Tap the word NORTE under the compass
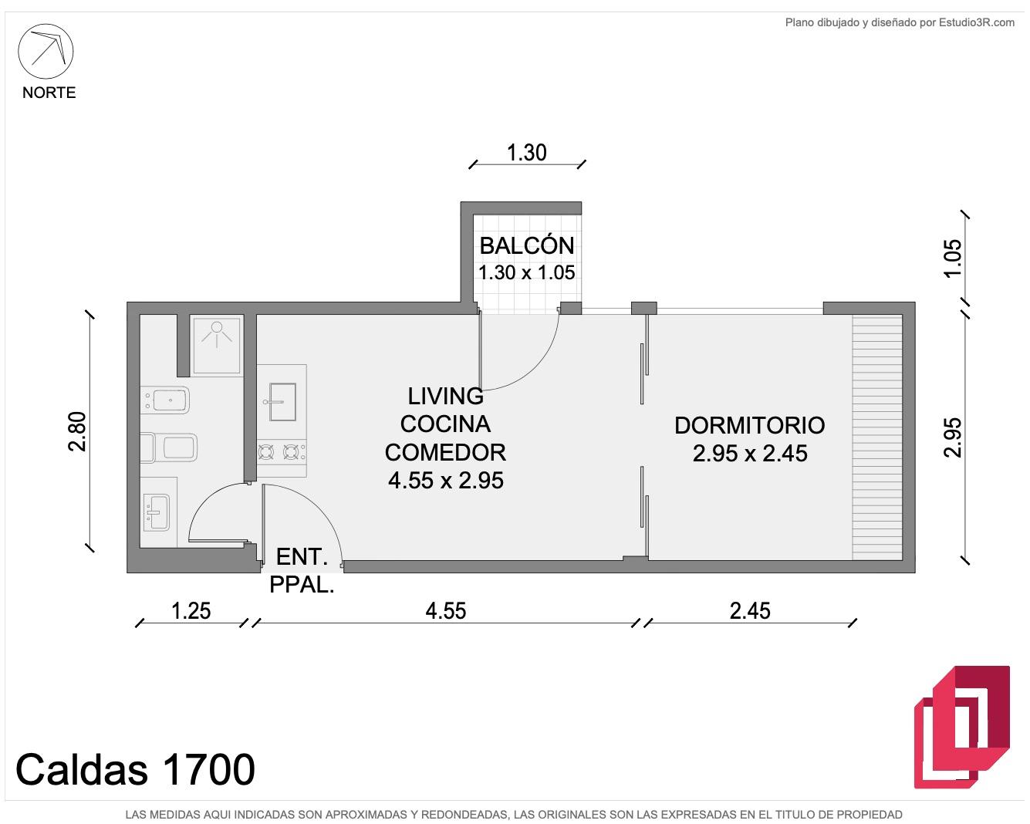coord(49,93)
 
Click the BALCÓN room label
coord(527,245)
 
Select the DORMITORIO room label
coord(749,426)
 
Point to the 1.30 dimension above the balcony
coord(526,153)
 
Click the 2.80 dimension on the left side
coord(77,431)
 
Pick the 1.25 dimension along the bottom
coord(191,611)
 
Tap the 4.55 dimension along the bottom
coord(446,611)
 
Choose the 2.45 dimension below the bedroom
coord(750,611)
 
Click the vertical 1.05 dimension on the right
coord(952,258)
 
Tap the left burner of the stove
coord(266,452)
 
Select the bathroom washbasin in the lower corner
coord(156,512)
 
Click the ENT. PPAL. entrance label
coord(302,570)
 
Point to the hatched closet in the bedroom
coord(876,437)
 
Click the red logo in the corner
coord(961,727)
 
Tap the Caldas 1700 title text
coord(136,769)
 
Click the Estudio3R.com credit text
coord(977,22)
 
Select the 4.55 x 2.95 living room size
coord(446,480)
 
